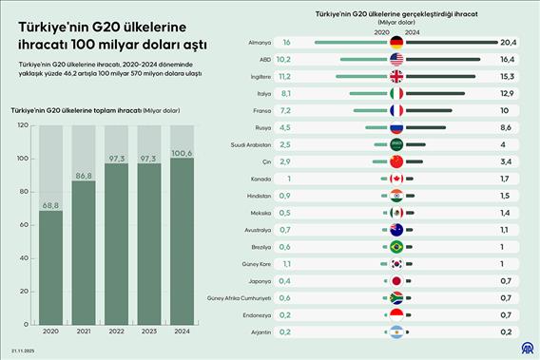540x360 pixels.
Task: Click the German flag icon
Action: pos(397,43)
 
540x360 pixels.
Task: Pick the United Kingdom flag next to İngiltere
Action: pos(397,76)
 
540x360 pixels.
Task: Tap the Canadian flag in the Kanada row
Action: pos(397,179)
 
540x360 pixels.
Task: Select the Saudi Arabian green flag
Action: pos(397,144)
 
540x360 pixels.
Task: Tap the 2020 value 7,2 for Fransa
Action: pos(285,110)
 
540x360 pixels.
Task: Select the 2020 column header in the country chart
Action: pos(381,31)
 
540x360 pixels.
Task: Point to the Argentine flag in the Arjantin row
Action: pos(397,332)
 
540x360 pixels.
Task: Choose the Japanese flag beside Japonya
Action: pos(397,281)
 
